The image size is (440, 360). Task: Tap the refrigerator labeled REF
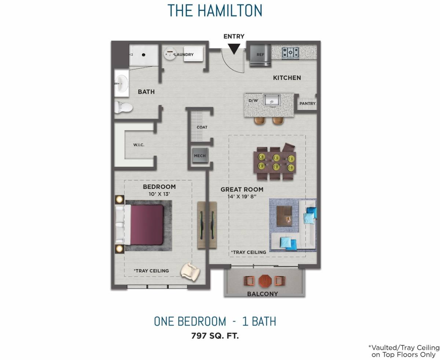click(260, 55)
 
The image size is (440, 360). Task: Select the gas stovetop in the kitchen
click(290, 53)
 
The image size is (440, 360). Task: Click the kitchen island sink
click(272, 99)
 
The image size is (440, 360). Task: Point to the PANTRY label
click(307, 103)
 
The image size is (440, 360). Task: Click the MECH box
click(200, 156)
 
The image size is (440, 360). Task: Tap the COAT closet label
click(202, 127)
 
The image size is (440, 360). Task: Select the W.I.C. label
click(139, 145)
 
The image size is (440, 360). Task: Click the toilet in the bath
click(123, 107)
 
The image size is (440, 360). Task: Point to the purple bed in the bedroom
click(147, 225)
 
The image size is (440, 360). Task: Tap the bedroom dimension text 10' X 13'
click(159, 194)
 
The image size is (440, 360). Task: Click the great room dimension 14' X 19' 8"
click(242, 196)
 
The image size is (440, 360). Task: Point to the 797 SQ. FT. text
click(215, 335)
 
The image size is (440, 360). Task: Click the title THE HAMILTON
click(215, 11)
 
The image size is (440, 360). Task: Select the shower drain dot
click(144, 55)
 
